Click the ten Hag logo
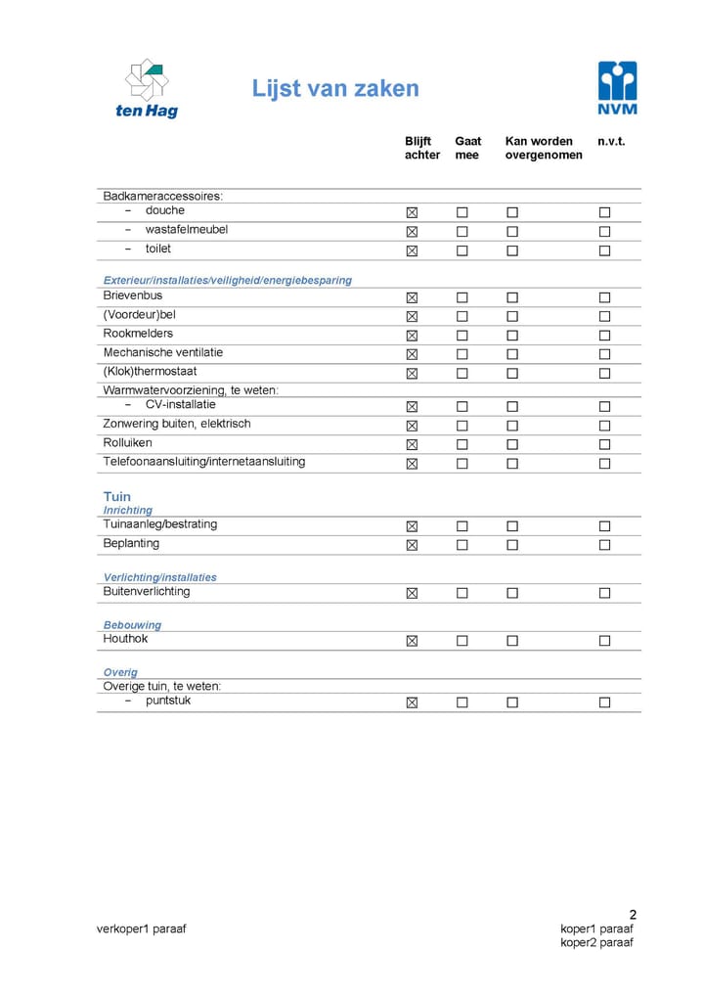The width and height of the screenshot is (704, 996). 147,88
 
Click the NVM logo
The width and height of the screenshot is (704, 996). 617,88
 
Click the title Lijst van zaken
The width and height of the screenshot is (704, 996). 335,89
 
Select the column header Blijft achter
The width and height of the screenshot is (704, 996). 421,148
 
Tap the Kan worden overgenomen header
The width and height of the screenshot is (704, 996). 543,148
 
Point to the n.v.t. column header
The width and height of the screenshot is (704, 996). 611,142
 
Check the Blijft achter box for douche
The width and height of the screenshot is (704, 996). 412,212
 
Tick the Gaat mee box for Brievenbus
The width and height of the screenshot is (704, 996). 462,297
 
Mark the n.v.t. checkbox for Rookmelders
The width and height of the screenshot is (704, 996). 604,336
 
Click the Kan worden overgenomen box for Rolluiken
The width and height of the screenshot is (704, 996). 511,445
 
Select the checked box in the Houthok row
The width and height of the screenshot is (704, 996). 412,641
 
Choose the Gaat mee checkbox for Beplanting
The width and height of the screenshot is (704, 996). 462,545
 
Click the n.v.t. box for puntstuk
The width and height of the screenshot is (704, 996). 604,702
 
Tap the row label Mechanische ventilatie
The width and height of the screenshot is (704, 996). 163,352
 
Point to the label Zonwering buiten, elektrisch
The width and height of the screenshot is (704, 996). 177,424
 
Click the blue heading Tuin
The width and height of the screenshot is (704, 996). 117,496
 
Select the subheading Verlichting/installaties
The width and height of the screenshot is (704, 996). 160,577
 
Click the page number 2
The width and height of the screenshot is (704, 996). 633,915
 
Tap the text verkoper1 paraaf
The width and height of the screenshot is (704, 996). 141,928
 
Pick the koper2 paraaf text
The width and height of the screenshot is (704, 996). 596,942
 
